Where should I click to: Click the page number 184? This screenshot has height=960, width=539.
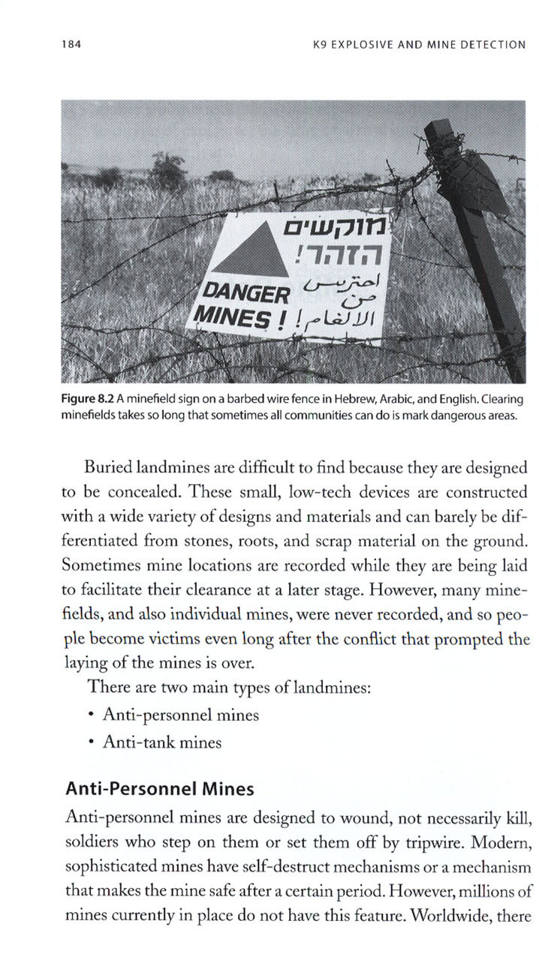72,44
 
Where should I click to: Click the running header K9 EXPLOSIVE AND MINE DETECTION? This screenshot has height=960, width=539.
419,44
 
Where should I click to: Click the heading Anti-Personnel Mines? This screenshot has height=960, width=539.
159,789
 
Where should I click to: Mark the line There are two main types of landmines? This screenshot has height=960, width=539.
229,686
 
